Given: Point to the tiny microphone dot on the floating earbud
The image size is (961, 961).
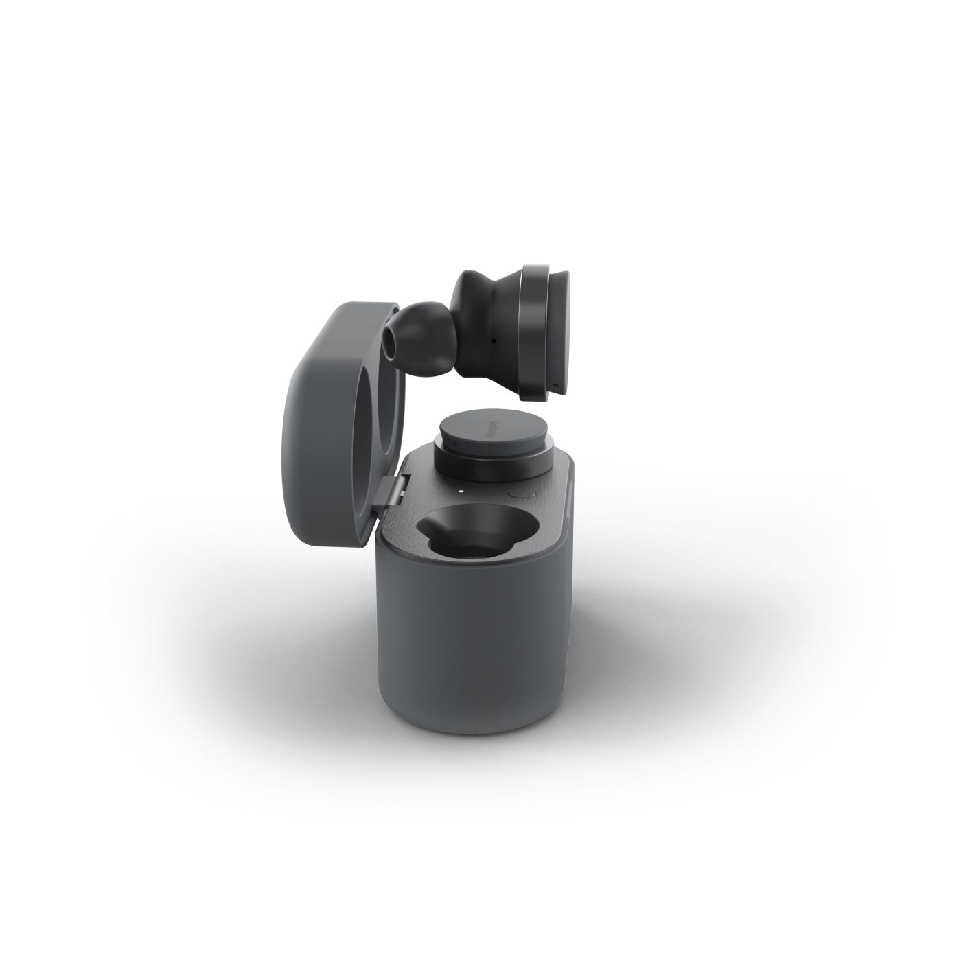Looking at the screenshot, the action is tap(494, 342).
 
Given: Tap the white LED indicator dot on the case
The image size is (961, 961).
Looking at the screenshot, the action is tap(460, 491).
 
